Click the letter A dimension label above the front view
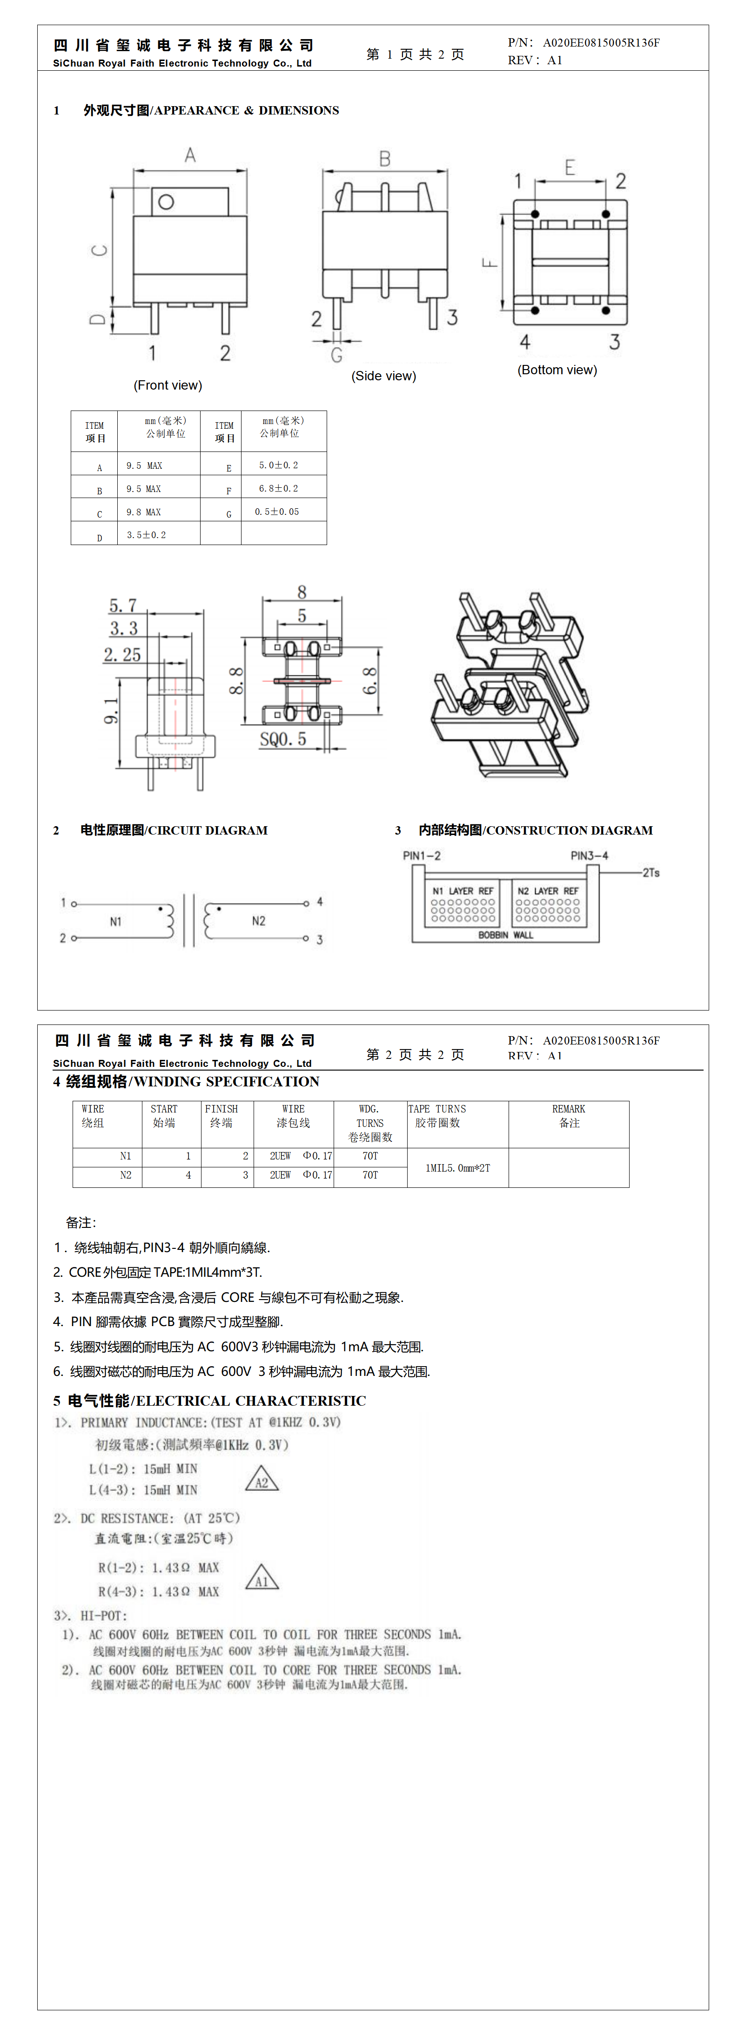tap(190, 155)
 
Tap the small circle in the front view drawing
tap(166, 202)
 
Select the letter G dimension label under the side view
tap(336, 356)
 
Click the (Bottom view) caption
tap(557, 370)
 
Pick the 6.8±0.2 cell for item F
tap(278, 488)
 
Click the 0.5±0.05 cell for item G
tap(276, 512)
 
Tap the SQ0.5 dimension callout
tap(283, 740)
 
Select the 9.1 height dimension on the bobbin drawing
tap(111, 710)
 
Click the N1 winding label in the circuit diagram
tap(115, 921)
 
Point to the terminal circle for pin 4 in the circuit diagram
tap(307, 903)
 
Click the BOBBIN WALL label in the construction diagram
tap(506, 935)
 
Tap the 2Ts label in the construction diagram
tap(651, 872)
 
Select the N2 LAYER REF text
tap(548, 890)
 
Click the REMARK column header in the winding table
tap(569, 1115)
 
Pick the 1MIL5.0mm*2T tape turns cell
tap(457, 1167)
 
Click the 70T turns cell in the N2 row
tap(370, 1175)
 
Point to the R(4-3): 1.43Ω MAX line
tap(158, 1591)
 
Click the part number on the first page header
tap(601, 43)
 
